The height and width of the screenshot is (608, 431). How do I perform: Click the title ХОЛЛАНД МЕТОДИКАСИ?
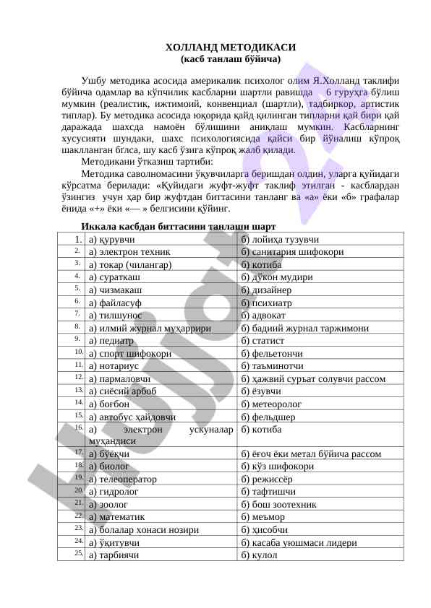pos(215,47)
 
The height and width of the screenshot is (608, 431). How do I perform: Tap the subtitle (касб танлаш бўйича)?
pos(215,58)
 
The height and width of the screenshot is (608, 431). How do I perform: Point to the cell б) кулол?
pos(258,555)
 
